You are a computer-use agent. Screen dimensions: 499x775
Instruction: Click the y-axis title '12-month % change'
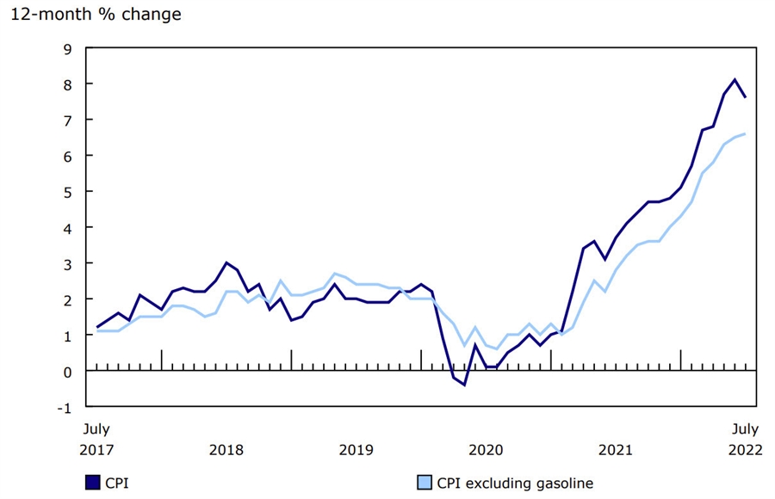(96, 15)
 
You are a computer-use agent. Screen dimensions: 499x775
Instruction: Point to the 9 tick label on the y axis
(66, 48)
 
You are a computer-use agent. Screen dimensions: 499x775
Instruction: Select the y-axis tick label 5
(66, 192)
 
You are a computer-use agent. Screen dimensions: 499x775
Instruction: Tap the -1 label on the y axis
(64, 407)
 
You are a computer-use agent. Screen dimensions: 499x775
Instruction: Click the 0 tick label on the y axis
(66, 372)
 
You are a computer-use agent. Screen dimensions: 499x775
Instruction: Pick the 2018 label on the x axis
(226, 449)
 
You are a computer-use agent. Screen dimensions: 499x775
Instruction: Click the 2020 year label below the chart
(486, 449)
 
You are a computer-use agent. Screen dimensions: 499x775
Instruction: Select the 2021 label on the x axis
(616, 449)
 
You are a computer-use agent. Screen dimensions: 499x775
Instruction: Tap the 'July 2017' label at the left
(96, 439)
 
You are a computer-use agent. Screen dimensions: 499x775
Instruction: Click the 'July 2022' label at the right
(745, 439)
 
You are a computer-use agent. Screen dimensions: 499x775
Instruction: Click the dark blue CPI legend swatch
(92, 483)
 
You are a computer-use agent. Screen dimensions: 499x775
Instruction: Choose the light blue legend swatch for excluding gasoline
(423, 483)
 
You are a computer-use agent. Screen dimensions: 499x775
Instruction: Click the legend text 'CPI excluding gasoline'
(515, 484)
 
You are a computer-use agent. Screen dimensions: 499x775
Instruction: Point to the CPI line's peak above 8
(735, 80)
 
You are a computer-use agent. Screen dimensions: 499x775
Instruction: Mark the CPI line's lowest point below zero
(464, 385)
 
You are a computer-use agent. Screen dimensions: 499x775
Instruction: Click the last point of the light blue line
(745, 133)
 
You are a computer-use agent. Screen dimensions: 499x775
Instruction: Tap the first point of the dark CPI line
(97, 327)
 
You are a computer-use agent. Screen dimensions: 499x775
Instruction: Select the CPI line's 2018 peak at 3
(226, 262)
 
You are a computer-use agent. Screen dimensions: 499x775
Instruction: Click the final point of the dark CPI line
(745, 97)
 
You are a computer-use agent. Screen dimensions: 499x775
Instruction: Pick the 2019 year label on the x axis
(356, 449)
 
